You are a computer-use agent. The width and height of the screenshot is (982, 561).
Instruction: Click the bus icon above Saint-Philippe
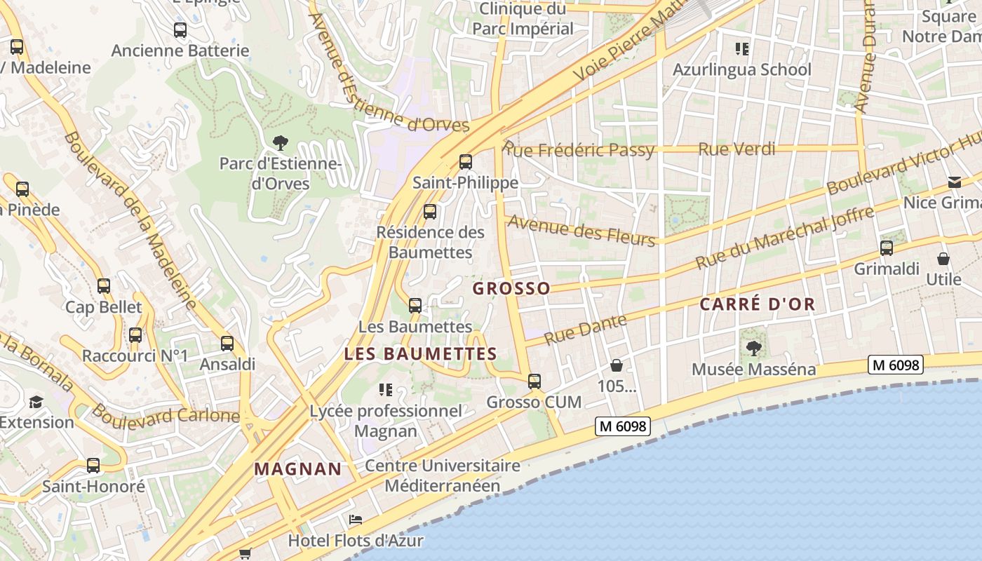[466, 162]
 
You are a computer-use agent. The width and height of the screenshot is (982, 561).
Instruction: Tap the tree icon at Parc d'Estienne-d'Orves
[281, 143]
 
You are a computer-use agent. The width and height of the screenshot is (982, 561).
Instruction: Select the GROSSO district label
[511, 288]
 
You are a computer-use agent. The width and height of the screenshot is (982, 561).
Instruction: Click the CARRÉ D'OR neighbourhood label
[758, 304]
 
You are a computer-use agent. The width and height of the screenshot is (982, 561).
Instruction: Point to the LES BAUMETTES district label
[421, 354]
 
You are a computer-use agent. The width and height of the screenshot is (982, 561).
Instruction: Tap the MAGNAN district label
[298, 468]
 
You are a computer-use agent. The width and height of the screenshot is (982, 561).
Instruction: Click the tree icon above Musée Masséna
[754, 348]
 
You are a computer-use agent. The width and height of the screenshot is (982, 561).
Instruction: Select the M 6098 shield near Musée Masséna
[895, 365]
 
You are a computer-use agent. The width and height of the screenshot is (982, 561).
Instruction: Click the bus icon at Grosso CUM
[534, 381]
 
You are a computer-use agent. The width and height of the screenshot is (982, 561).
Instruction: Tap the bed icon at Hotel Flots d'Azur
[356, 520]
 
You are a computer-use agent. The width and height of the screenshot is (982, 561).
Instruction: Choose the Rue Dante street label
[585, 329]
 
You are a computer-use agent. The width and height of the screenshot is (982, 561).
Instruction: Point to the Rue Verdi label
[737, 149]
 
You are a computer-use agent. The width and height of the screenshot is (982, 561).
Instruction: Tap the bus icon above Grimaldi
[887, 248]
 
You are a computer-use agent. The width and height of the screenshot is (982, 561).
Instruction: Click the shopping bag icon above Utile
[943, 259]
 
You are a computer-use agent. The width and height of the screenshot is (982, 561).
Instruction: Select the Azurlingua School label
[741, 69]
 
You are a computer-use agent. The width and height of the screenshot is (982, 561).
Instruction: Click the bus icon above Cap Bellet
[104, 286]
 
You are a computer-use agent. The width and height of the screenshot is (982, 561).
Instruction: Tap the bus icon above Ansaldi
[227, 344]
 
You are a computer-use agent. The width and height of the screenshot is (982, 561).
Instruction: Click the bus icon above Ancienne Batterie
[180, 30]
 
